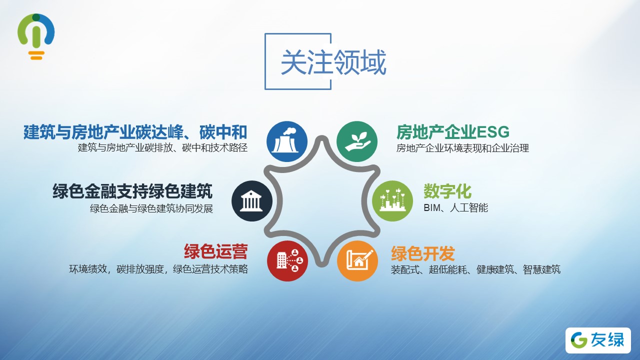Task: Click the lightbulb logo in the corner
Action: point(36,36)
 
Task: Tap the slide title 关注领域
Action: point(333,62)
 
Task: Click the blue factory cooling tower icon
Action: point(287,141)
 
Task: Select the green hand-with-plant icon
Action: point(357,141)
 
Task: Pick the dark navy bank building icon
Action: point(251,201)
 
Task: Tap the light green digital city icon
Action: point(392,201)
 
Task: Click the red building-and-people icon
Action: point(287,261)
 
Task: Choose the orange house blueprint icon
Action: point(357,261)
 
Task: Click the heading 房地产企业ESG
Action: point(453,132)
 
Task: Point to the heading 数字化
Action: point(447,191)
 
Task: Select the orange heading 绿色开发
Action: point(423,253)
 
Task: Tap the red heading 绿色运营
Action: point(215,251)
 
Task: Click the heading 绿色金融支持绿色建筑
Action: point(132,191)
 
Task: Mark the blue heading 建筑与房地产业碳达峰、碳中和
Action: point(135,132)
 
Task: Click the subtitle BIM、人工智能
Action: point(455,207)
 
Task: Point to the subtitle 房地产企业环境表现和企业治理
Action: point(462,148)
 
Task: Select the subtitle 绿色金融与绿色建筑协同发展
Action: point(151,208)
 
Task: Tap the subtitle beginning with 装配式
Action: point(475,269)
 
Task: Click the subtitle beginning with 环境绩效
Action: point(158,269)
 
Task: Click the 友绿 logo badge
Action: point(598,340)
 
